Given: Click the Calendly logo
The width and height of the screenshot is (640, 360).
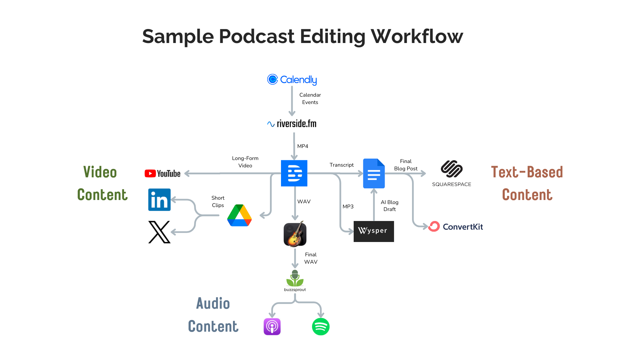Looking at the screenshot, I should pyautogui.click(x=292, y=80).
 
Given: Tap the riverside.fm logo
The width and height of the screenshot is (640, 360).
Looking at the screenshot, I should pyautogui.click(x=292, y=124).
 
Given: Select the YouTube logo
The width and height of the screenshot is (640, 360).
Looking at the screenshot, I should pyautogui.click(x=163, y=173).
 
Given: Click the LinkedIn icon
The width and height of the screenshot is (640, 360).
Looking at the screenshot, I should pyautogui.click(x=159, y=200).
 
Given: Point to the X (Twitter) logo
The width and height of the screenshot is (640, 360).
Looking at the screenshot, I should pyautogui.click(x=159, y=232).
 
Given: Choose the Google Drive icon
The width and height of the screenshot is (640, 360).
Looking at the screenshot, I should pyautogui.click(x=239, y=216).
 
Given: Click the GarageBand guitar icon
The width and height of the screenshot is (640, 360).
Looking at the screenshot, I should pyautogui.click(x=295, y=234).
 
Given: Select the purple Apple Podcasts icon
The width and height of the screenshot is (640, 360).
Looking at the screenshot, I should pyautogui.click(x=272, y=327).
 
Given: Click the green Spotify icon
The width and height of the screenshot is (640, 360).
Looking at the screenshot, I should pyautogui.click(x=321, y=327).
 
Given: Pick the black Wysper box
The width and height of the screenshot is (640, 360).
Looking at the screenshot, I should pyautogui.click(x=374, y=231).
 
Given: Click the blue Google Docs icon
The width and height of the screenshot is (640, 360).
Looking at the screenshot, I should pyautogui.click(x=374, y=173).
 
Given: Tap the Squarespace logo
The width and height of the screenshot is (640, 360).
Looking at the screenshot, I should pyautogui.click(x=452, y=173).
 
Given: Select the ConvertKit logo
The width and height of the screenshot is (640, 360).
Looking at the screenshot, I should pyautogui.click(x=456, y=227).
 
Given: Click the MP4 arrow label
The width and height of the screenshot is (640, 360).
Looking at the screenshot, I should pyautogui.click(x=303, y=146).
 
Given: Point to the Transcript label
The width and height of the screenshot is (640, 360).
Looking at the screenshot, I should pyautogui.click(x=341, y=165).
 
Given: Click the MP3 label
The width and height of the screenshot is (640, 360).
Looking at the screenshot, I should pyautogui.click(x=348, y=207).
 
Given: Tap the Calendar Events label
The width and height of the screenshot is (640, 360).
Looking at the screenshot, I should pyautogui.click(x=310, y=99).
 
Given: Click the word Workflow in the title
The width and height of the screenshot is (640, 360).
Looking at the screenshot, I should pyautogui.click(x=417, y=36).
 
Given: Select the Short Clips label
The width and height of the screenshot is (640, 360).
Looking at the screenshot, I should pyautogui.click(x=218, y=202).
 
